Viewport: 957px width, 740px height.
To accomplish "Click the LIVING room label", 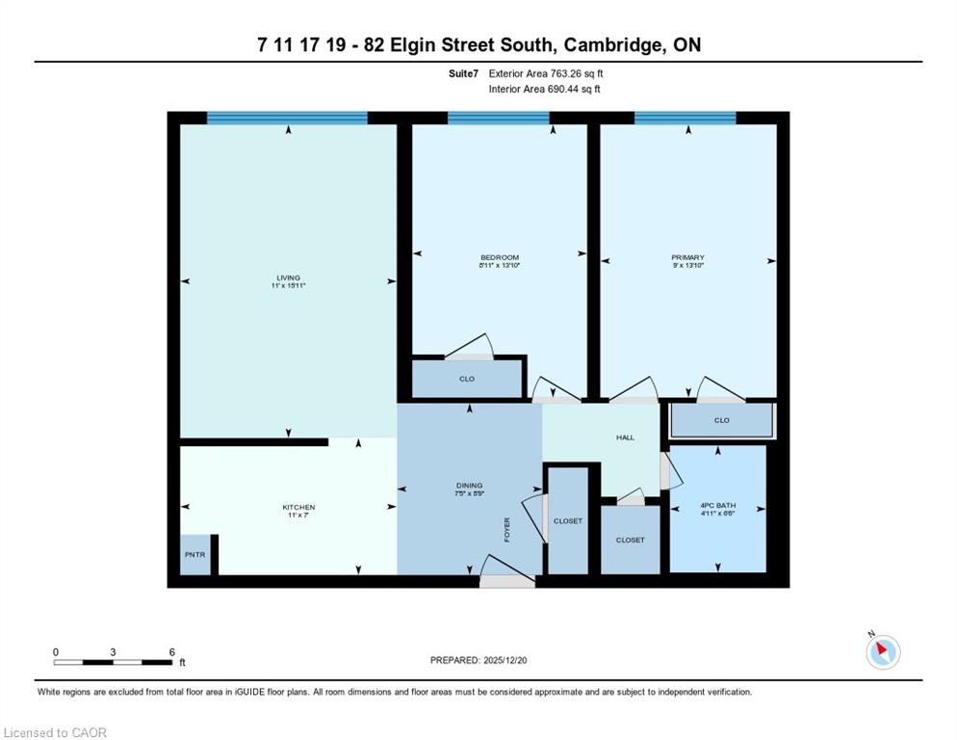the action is [288, 277].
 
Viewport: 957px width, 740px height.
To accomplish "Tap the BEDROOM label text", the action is [500, 257].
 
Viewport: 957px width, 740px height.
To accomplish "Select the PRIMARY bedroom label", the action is [687, 257].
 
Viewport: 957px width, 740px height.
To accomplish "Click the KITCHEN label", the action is [298, 507].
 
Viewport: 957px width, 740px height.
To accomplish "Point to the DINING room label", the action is [469, 486].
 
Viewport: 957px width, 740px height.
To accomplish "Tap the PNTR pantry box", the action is [195, 555].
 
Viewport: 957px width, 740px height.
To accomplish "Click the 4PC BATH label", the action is [718, 505].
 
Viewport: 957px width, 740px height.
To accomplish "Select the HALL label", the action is [625, 437].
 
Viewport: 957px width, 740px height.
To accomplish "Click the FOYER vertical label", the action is [506, 530].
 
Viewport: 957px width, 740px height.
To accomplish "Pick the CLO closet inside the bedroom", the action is [467, 379].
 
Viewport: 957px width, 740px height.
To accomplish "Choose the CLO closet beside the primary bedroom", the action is [722, 420].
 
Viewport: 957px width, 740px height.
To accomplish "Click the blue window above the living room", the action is [287, 118].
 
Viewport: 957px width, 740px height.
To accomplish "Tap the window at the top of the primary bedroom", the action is [685, 118].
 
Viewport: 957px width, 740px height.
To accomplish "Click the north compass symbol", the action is [883, 651].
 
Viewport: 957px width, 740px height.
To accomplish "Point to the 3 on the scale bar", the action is [113, 652].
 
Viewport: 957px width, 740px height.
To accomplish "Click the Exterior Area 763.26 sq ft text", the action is [546, 73].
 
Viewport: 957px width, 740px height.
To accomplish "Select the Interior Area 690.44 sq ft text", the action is [544, 89].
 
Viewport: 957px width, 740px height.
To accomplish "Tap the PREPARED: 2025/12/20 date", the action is [478, 660].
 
